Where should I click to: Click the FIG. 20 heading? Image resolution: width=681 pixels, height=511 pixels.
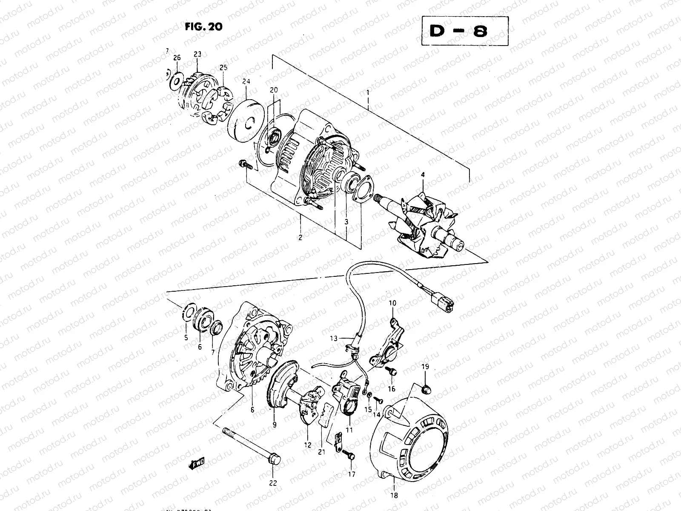pyautogui.click(x=203, y=27)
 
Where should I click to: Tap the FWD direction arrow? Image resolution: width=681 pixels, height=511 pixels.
pyautogui.click(x=197, y=463)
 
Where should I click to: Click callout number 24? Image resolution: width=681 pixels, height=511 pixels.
pyautogui.click(x=246, y=81)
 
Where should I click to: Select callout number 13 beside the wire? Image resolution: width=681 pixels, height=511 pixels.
pyautogui.click(x=333, y=338)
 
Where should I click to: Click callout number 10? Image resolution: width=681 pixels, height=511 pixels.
pyautogui.click(x=392, y=303)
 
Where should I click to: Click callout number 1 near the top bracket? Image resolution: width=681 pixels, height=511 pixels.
pyautogui.click(x=368, y=92)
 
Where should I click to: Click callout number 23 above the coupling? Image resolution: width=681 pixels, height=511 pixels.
pyautogui.click(x=197, y=54)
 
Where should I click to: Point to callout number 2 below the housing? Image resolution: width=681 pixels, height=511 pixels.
pyautogui.click(x=300, y=238)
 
